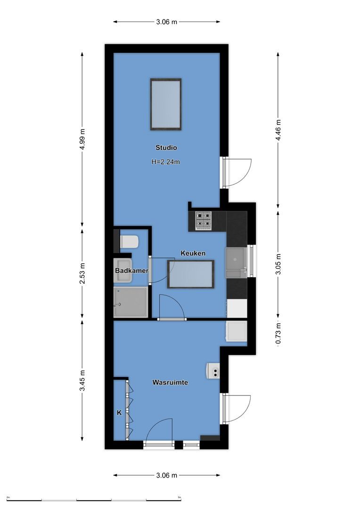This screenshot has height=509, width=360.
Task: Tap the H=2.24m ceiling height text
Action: click(166, 162)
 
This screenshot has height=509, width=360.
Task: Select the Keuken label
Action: click(193, 254)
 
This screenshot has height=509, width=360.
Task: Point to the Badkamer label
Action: click(132, 271)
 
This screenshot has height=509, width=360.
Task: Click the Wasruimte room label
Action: click(170, 383)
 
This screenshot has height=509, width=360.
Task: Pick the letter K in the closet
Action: click(119, 413)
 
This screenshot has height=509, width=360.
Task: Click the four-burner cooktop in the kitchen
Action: click(204, 221)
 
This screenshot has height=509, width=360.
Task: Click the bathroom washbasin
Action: click(123, 271)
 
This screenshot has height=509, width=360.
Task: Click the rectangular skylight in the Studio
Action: click(166, 104)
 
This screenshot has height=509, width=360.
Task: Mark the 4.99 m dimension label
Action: click(82, 139)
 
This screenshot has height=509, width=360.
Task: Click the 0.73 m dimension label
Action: click(278, 333)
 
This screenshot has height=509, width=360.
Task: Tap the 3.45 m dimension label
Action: click(82, 381)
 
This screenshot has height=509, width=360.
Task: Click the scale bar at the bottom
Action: click(94, 499)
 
